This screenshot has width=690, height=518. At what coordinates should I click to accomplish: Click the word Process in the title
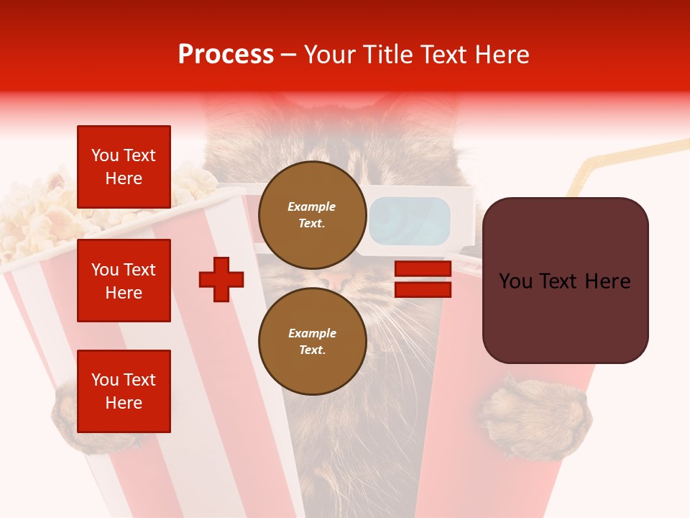coord(226,55)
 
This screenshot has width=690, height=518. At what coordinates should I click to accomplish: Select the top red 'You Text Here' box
coord(124,167)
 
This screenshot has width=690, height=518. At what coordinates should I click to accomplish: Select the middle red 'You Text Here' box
coord(124,281)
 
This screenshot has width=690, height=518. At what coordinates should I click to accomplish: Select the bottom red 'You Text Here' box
coord(124,391)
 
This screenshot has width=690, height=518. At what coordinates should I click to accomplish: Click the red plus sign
coord(221,278)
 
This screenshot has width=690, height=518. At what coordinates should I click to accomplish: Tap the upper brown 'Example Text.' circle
coord(312,214)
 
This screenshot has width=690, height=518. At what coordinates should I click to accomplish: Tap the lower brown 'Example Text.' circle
coord(312,341)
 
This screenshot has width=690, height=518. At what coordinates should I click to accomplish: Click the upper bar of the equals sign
coord(423,269)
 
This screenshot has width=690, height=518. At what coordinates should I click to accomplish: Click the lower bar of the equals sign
coord(423,290)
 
